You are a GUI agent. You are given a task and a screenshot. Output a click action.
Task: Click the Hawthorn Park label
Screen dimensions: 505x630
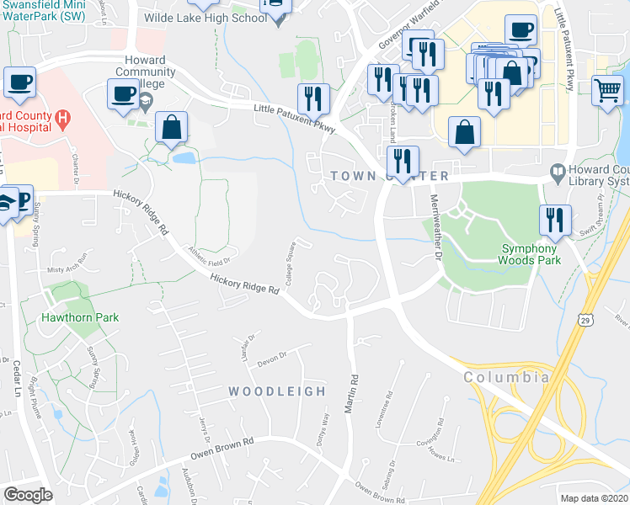pos(80,317)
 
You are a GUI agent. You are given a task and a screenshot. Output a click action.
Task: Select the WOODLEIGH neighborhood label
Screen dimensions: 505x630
pos(277,391)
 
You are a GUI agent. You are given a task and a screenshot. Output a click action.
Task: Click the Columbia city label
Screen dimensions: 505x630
pos(506,377)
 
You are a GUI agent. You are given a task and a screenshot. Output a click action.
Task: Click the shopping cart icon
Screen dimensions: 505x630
pos(606,88)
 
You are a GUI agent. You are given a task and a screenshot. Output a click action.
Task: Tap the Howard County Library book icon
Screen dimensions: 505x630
pos(557,171)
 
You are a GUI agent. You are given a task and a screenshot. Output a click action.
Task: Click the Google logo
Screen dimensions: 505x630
pos(28,495)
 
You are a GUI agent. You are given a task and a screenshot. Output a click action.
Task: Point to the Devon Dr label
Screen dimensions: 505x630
pos(272,356)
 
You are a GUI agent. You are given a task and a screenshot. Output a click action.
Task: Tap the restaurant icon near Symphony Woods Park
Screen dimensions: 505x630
pos(554,219)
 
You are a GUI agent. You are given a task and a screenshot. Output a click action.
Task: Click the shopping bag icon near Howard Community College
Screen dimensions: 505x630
pos(172,128)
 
